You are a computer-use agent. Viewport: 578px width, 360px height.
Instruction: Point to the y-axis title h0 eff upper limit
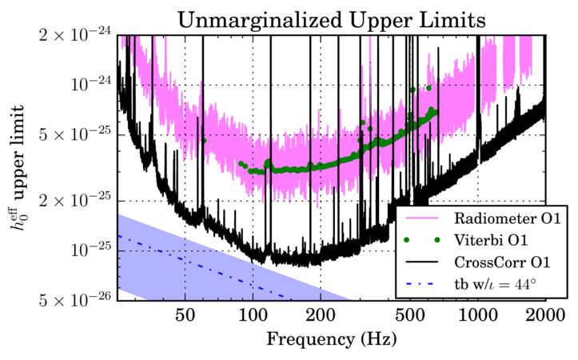click(x=15, y=168)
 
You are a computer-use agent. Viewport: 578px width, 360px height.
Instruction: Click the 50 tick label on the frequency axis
click(x=185, y=314)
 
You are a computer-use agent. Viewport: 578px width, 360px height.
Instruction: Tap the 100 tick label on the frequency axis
click(x=253, y=314)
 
